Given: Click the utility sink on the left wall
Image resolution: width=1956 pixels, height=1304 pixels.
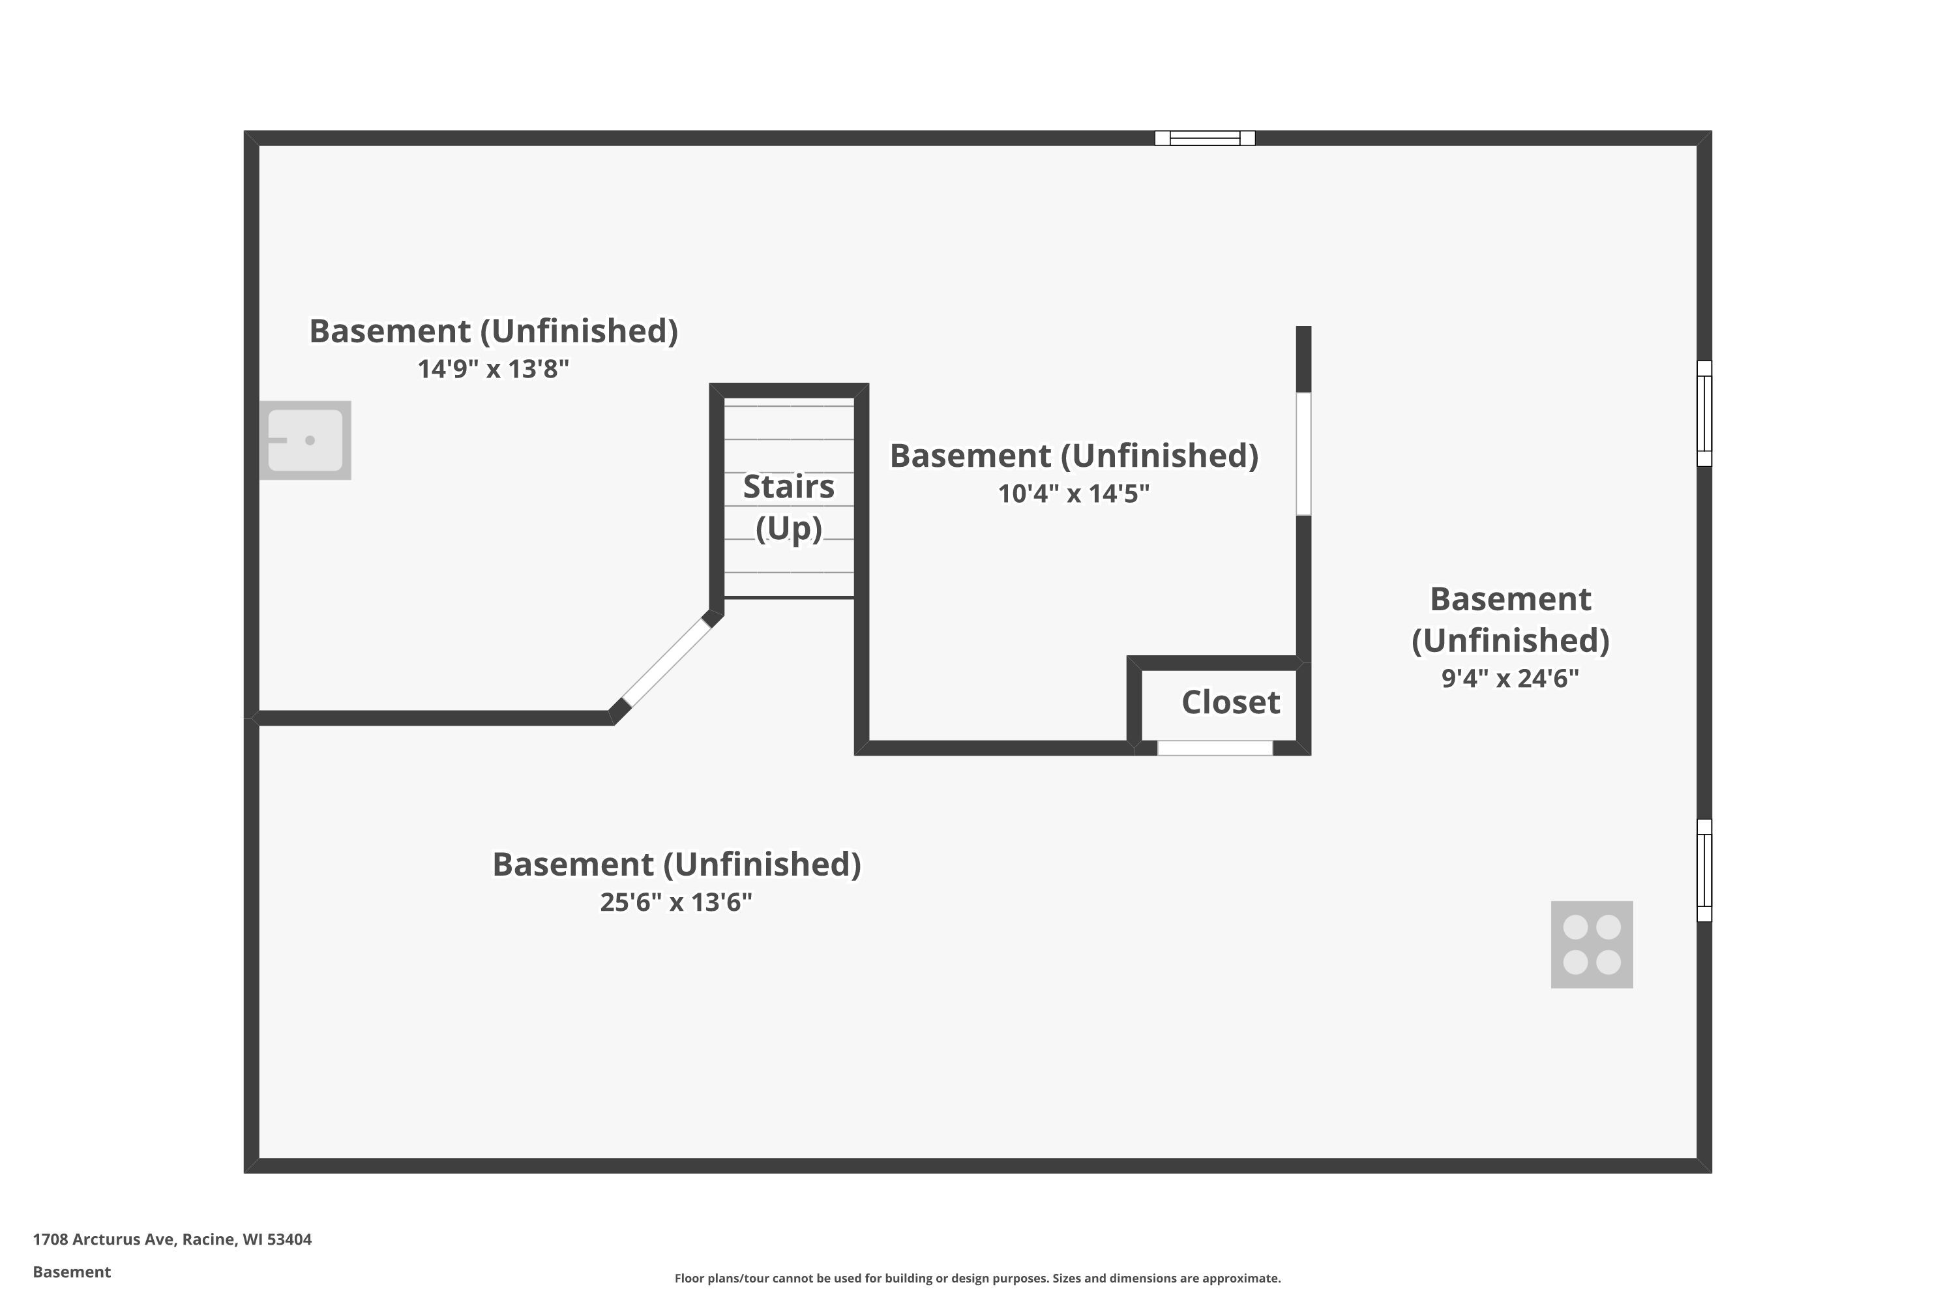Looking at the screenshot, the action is (305, 440).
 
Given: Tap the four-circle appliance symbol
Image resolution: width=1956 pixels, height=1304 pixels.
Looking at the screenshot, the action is (1592, 944).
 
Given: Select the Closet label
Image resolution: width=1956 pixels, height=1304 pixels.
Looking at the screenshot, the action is (1231, 702).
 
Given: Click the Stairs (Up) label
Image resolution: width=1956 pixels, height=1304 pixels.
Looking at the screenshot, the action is (788, 507).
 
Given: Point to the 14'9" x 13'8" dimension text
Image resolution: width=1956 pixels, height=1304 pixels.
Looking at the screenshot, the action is (493, 368).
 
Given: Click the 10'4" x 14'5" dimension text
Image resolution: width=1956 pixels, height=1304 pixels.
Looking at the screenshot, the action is (1074, 493).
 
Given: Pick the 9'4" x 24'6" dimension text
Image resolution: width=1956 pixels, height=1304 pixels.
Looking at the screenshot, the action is (1510, 678).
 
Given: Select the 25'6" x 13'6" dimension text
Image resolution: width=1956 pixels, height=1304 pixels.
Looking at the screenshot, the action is (676, 902).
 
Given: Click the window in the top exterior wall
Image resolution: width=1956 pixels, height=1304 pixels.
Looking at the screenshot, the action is (1205, 138).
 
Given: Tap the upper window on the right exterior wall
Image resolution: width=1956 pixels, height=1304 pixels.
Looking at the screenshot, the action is (1704, 413).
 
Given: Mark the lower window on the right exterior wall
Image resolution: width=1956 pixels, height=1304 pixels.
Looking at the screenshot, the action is (1704, 870).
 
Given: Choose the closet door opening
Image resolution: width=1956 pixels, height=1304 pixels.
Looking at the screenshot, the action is (1215, 748).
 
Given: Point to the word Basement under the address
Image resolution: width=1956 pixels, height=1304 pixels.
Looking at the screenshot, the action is (72, 1271).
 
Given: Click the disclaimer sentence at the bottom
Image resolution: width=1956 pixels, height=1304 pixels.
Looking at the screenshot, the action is (977, 1278).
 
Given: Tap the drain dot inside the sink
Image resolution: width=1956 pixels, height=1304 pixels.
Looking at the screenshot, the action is (310, 440).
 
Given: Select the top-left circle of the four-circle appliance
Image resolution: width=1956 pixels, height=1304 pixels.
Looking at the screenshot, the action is (1575, 926).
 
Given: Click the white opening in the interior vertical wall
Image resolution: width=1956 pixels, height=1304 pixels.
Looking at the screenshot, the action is (1304, 454).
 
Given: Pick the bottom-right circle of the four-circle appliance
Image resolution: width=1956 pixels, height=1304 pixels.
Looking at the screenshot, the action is (1608, 962).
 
